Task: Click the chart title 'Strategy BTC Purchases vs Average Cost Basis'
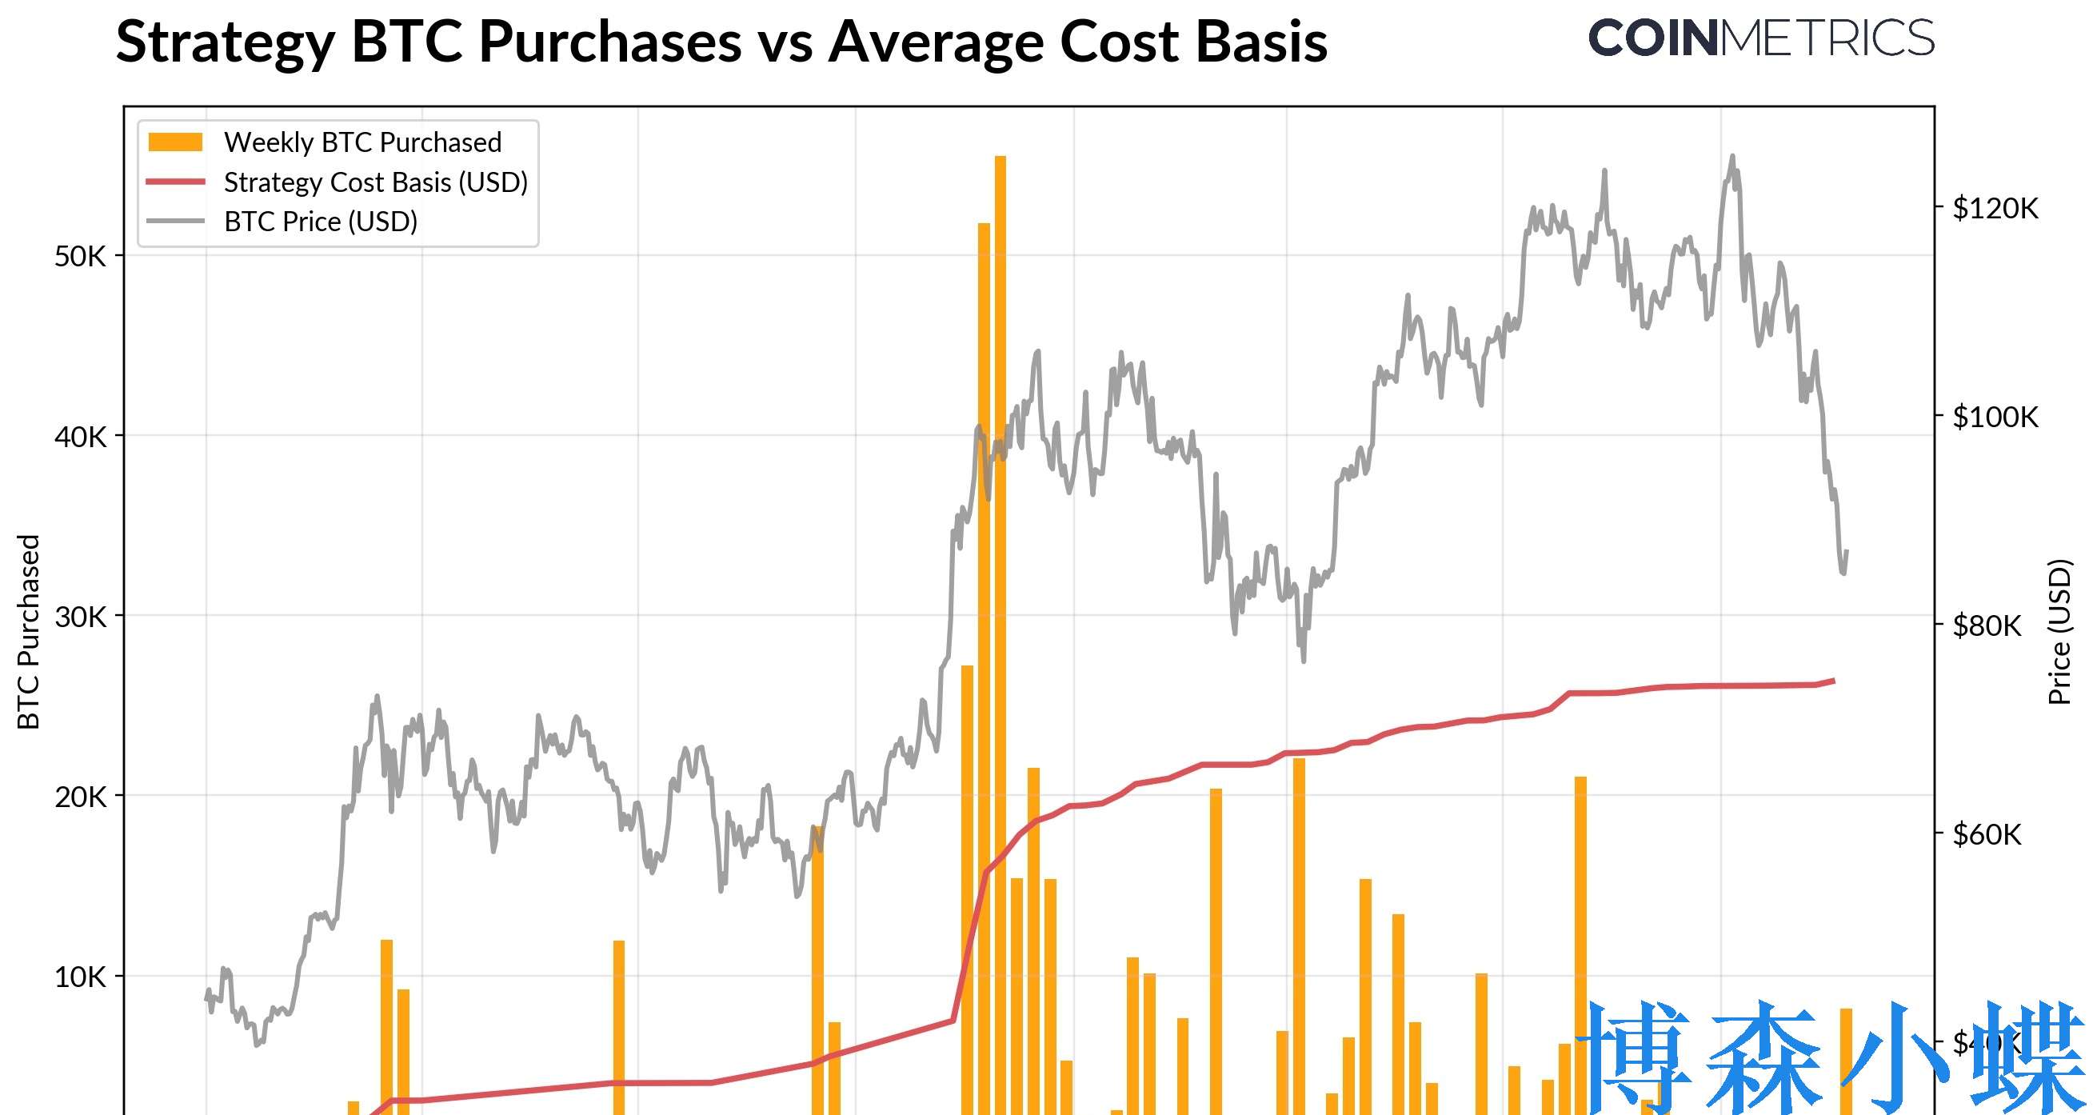click(721, 42)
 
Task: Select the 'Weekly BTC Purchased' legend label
click(362, 142)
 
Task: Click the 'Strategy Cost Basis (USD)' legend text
click(375, 182)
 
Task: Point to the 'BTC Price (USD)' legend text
click(320, 221)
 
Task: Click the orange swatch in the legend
click(174, 142)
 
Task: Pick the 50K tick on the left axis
click(81, 257)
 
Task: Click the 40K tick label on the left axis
click(81, 438)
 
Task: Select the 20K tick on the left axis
click(81, 797)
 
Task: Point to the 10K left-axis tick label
click(81, 977)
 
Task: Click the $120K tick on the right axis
click(1995, 209)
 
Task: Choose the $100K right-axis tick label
click(1995, 417)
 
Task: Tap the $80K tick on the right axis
click(1987, 625)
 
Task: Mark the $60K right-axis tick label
click(1987, 834)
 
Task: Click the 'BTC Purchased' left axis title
click(29, 631)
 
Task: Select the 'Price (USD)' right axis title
click(2059, 631)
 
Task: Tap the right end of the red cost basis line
click(1832, 680)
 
